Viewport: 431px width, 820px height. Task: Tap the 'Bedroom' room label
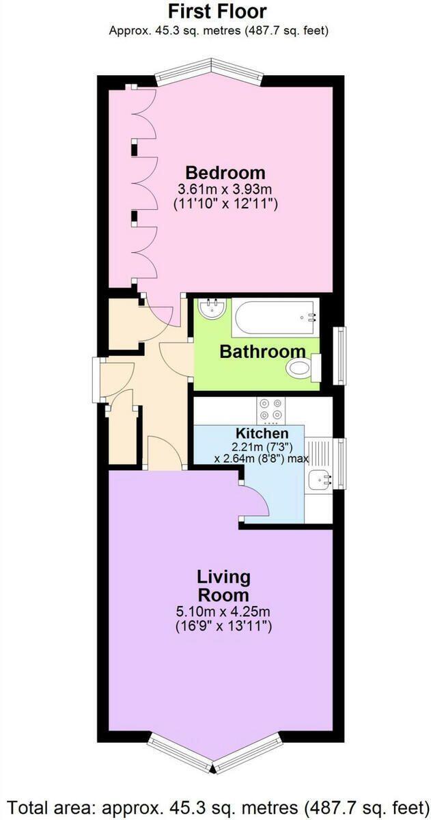click(x=225, y=172)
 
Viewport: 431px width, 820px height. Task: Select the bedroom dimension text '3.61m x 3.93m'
click(x=225, y=189)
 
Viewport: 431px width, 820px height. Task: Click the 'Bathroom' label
click(x=262, y=352)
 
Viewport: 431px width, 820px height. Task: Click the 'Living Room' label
click(x=224, y=586)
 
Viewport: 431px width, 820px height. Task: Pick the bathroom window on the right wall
click(x=339, y=356)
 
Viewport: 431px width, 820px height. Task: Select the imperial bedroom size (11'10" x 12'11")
click(x=225, y=204)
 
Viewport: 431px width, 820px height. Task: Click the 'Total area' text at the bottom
click(x=216, y=802)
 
